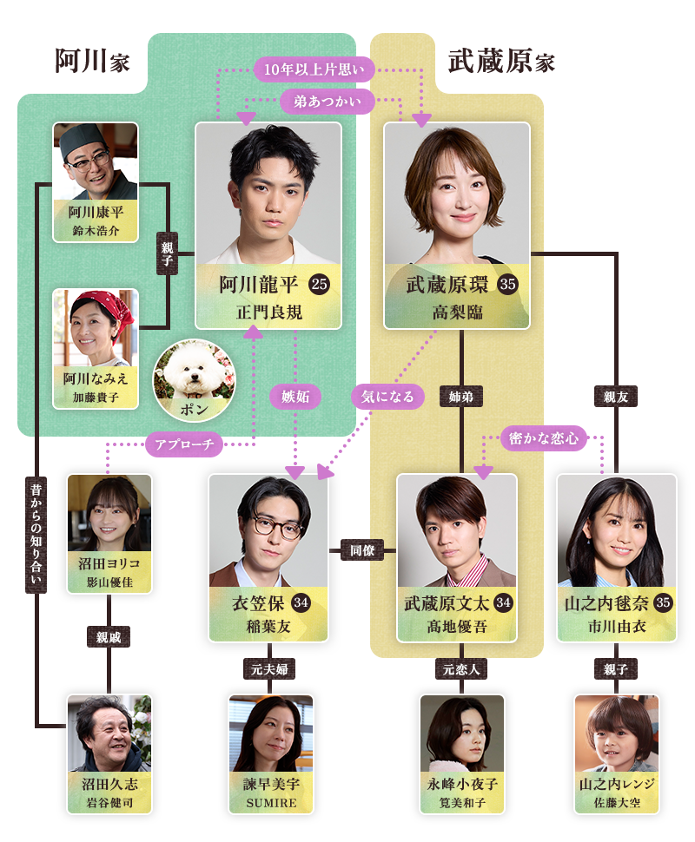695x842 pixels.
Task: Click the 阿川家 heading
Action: click(x=91, y=62)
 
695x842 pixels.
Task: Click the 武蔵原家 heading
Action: click(x=501, y=62)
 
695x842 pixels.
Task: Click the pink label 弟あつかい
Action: click(x=328, y=102)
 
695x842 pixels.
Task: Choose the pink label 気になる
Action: click(x=388, y=397)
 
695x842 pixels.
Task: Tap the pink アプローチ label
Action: click(x=184, y=445)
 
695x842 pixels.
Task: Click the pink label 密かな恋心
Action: click(x=545, y=438)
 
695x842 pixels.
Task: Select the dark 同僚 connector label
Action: click(x=362, y=550)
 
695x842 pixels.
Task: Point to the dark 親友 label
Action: click(x=616, y=397)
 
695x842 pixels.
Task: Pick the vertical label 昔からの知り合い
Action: click(x=36, y=533)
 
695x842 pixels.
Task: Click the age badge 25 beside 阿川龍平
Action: click(x=319, y=286)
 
